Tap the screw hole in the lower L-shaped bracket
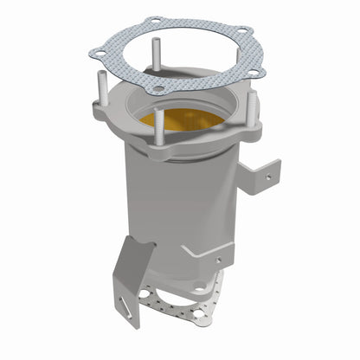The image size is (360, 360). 218,260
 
